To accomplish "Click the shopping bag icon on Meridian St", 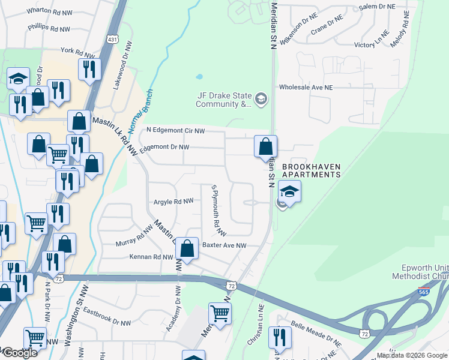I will pos(265,146).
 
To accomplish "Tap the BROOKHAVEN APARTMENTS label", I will pos(311,170).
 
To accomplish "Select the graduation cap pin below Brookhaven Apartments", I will pos(289,193).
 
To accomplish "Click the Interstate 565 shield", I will pos(424,292).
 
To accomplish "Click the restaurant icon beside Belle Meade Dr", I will pos(280,337).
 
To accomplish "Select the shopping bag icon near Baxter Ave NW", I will pos(187,248).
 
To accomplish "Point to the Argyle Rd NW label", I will pos(173,202).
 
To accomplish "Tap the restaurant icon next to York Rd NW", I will pos(88,67).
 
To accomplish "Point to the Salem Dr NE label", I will pos(377,6).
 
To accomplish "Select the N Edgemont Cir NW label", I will pos(176,130).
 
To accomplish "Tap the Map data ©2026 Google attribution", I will pos(412,355).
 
